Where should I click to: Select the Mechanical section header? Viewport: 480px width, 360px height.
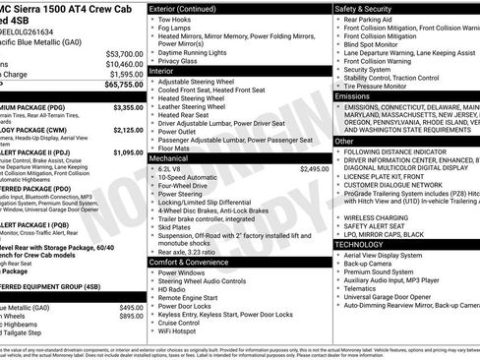coord(177,157)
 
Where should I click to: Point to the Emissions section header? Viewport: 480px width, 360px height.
coord(354,96)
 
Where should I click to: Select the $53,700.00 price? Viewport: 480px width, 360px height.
coord(123,53)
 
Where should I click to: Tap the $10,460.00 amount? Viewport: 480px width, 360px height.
coord(123,63)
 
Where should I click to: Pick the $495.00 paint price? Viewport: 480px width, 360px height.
coord(131,307)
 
